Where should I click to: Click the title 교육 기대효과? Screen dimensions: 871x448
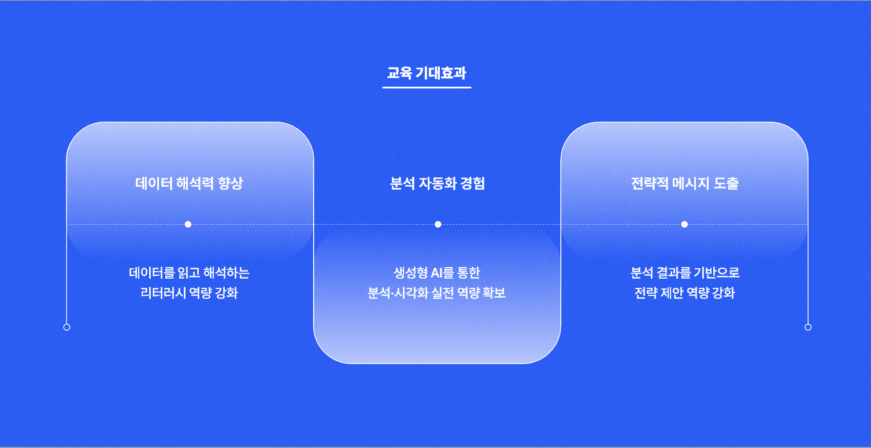click(427, 73)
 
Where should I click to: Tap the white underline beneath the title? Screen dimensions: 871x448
click(427, 87)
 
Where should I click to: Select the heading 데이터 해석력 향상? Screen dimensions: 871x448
click(189, 183)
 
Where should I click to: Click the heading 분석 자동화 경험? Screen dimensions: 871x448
click(438, 183)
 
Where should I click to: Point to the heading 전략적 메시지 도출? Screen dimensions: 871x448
click(685, 183)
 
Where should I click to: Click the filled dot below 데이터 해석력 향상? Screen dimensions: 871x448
click(188, 224)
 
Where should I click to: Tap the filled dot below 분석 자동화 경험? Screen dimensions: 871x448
click(438, 224)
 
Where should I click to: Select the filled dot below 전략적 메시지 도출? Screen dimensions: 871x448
click(684, 224)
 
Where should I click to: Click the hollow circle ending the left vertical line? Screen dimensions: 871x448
click(67, 327)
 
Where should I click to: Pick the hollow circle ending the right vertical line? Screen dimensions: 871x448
click(808, 327)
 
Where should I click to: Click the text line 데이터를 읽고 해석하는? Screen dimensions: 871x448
click(189, 273)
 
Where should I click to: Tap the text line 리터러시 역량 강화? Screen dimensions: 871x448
click(189, 293)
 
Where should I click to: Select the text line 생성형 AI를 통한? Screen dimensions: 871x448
click(437, 273)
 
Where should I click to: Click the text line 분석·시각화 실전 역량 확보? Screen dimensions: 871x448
click(437, 293)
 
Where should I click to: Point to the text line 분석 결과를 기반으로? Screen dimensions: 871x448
click(685, 273)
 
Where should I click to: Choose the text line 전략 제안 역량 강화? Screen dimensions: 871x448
click(685, 293)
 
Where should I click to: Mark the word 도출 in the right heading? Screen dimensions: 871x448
click(727, 183)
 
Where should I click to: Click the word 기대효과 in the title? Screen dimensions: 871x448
click(441, 73)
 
